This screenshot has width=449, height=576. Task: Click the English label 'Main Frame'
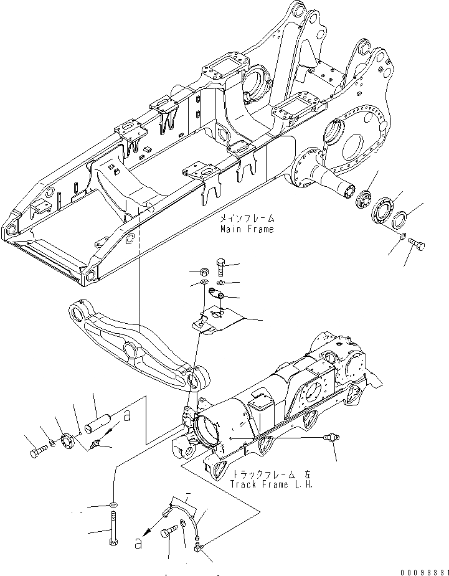pyautogui.click(x=246, y=229)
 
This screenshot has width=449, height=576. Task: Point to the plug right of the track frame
pyautogui.click(x=332, y=439)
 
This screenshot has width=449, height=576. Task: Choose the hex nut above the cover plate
pyautogui.click(x=202, y=272)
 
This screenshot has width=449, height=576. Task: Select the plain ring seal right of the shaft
pyautogui.click(x=400, y=219)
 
